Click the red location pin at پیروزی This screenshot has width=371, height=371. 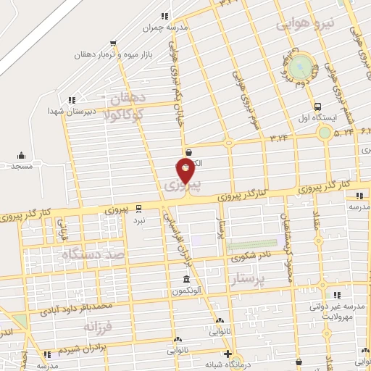tap(185, 172)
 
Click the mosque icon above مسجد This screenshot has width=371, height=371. tap(20, 154)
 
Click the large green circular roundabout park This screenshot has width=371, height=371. tap(304, 68)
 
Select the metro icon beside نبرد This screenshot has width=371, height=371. tap(139, 207)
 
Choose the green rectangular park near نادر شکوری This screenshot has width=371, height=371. tap(261, 245)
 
